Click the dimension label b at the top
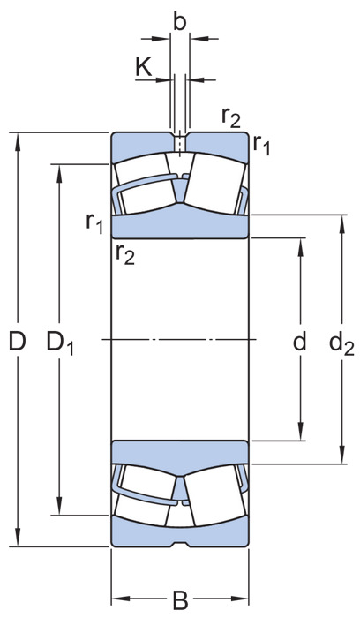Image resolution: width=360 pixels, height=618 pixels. pos(180,22)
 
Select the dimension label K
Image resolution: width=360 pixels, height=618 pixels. pos(144,66)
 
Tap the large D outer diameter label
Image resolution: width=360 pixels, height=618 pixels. pos(18,342)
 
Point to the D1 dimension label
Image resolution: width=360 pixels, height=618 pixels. pos(60,343)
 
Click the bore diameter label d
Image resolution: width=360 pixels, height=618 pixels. pos(300,342)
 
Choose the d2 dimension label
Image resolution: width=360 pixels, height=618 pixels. pos(341,343)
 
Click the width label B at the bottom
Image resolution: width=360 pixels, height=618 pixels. pos(180,600)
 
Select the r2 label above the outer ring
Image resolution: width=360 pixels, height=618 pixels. pos(231,117)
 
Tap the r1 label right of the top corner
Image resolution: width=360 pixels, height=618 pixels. pos(261,144)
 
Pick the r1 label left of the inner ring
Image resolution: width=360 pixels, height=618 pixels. pos(94,223)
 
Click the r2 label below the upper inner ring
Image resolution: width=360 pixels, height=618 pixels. pos(125,254)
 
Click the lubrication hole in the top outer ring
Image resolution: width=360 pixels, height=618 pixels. pos(180,143)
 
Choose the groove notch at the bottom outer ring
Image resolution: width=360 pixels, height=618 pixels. pos(180,544)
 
